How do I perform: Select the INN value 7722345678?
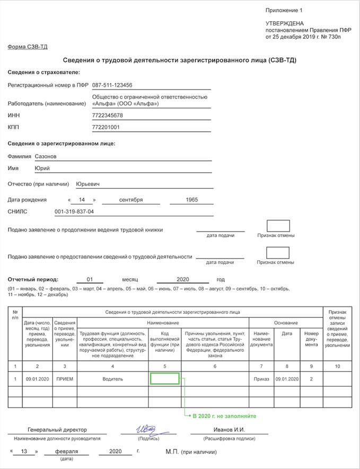108,116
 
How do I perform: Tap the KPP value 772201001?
106,127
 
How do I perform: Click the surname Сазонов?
45,157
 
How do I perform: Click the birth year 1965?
192,200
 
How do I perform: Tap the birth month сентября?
130,200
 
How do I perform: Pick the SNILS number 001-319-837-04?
74,212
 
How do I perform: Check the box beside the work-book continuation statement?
278,226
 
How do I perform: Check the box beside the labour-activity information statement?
278,252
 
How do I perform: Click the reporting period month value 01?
90,279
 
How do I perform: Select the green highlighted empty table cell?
164,379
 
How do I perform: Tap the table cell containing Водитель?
112,379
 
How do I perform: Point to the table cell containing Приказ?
261,379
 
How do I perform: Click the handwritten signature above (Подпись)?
145,429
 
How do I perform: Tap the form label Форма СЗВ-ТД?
28,47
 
